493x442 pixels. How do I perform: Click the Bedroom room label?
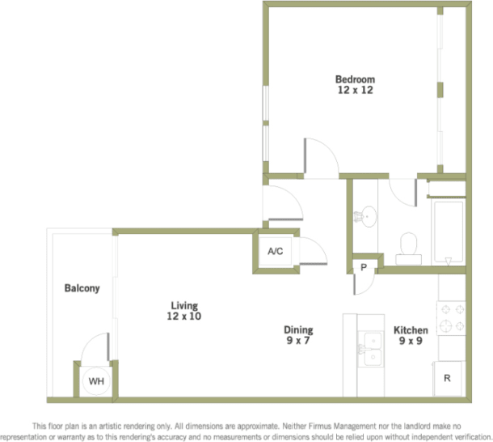pyautogui.click(x=356, y=79)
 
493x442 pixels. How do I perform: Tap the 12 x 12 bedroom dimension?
pyautogui.click(x=356, y=91)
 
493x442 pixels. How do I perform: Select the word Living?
pyautogui.click(x=184, y=305)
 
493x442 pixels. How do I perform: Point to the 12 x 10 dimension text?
pyautogui.click(x=184, y=317)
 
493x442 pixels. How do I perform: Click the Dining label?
pyautogui.click(x=297, y=330)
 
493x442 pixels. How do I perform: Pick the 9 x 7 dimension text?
pyautogui.click(x=297, y=341)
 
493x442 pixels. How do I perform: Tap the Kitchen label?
pyautogui.click(x=411, y=330)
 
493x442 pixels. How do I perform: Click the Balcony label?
pyautogui.click(x=82, y=288)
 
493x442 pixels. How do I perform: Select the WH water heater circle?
pyautogui.click(x=96, y=381)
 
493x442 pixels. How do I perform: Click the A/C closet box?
pyautogui.click(x=275, y=251)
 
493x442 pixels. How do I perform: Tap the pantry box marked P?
pyautogui.click(x=364, y=266)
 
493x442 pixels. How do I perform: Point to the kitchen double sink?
pyautogui.click(x=373, y=349)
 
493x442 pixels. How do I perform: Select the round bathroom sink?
pyautogui.click(x=369, y=215)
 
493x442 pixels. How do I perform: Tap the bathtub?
pyautogui.click(x=447, y=231)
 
